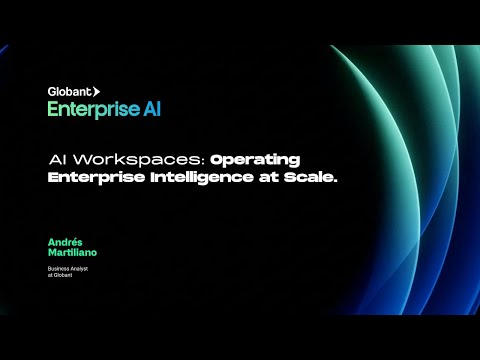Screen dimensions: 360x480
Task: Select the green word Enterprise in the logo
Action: pos(87,109)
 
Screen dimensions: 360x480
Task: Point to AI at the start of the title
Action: pos(57,160)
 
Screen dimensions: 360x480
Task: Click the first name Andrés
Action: pos(63,241)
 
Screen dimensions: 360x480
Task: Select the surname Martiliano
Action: pos(72,253)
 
